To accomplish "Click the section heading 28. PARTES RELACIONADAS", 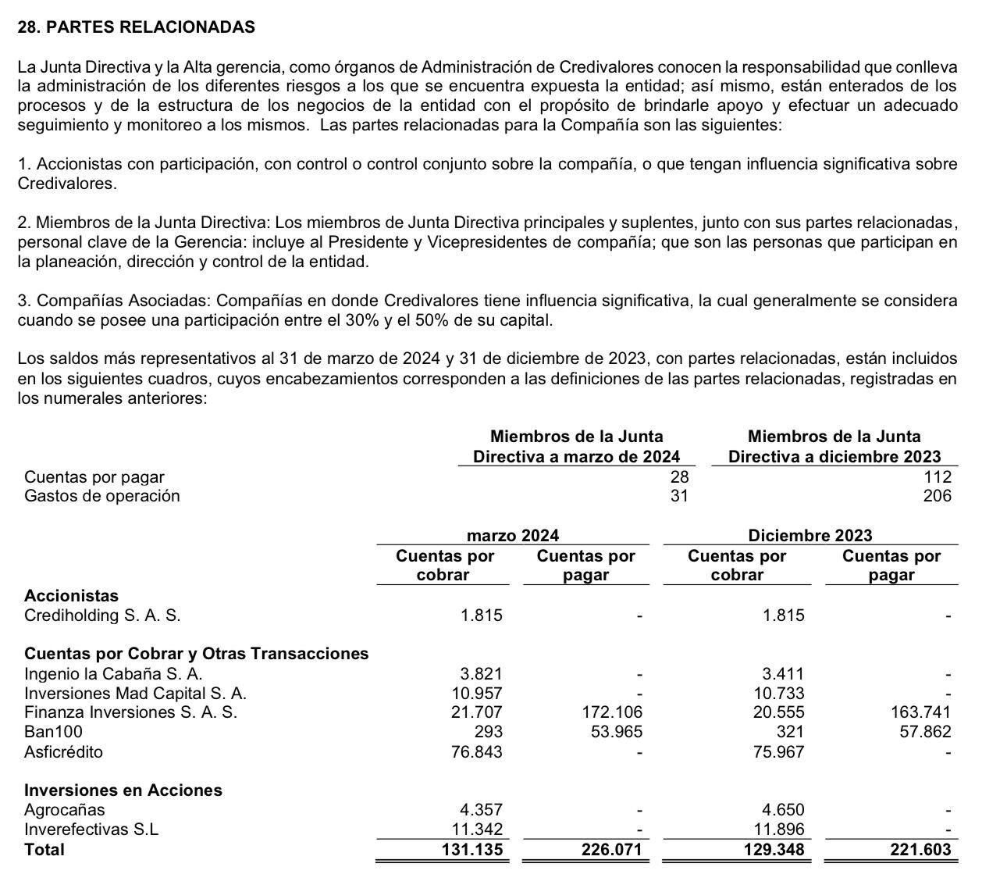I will (136, 27).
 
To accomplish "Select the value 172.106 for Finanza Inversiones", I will (613, 712).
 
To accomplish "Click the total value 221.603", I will (920, 850).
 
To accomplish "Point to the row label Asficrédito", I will (63, 752).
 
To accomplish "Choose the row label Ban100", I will (53, 732).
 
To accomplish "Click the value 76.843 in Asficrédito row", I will (477, 752).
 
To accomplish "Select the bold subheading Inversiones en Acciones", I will (123, 790).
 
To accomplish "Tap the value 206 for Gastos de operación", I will (937, 496).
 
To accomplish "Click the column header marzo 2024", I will (512, 535).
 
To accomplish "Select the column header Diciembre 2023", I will (810, 535).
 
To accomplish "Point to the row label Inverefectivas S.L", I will (91, 830).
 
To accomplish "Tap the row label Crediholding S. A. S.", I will (102, 615).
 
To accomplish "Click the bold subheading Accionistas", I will (72, 596).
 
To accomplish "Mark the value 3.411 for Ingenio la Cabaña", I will (783, 673).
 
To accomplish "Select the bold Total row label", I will (44, 850).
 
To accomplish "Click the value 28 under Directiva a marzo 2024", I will (679, 476).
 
